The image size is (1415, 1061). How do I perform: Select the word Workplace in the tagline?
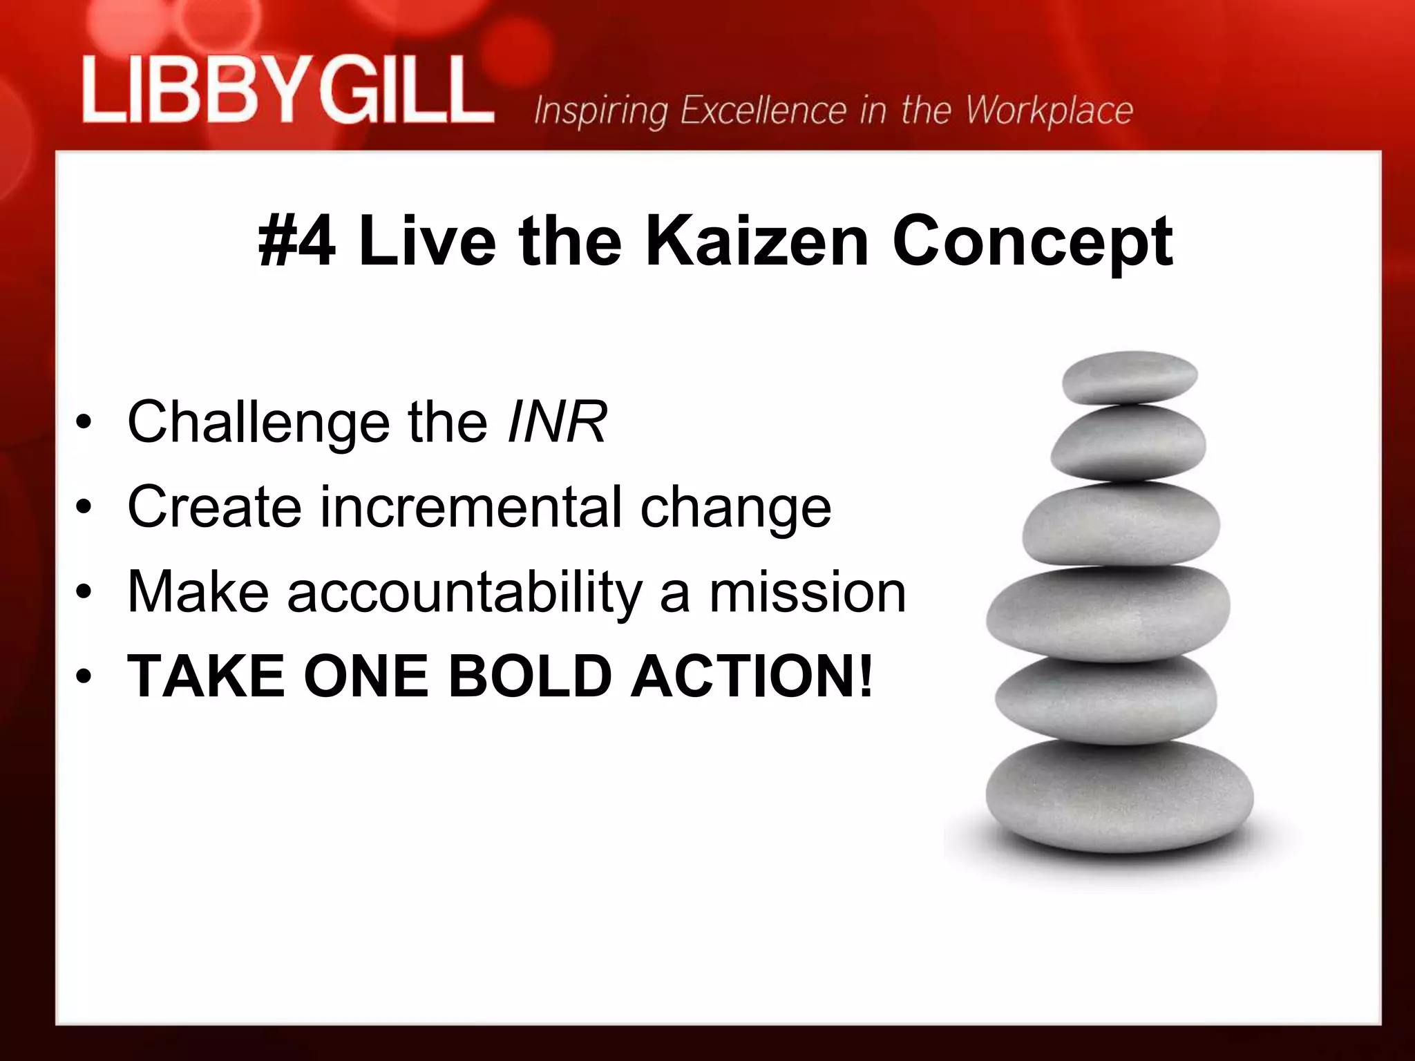[1049, 111]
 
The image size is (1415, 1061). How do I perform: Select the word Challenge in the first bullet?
[259, 423]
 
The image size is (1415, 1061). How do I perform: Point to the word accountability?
[465, 593]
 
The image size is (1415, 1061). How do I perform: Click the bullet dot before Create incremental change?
[84, 509]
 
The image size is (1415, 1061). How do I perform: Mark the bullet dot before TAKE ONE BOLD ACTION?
[84, 678]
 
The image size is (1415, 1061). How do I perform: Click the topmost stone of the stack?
[1129, 377]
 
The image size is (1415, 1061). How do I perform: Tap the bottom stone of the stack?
[1119, 794]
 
